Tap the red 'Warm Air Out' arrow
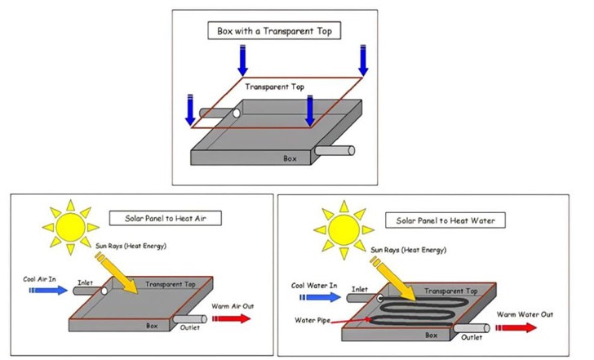tap(231, 319)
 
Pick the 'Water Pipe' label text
tap(310, 319)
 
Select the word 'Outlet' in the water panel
tap(471, 336)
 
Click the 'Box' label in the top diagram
tap(290, 158)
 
